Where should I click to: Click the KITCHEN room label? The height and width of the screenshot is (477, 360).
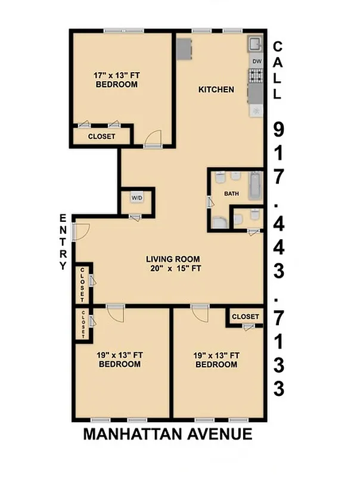(216, 90)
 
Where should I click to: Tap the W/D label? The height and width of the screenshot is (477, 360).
(137, 197)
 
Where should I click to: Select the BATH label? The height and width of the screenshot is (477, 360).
(231, 194)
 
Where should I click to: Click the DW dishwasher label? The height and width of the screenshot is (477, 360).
(257, 61)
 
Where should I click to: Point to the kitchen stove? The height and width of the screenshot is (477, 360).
(256, 76)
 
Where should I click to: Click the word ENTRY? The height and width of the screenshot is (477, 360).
(63, 242)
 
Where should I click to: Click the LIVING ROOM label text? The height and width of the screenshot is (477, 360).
(173, 259)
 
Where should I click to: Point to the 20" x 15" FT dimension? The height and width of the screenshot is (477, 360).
(173, 268)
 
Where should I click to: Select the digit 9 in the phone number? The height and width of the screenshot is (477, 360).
(278, 128)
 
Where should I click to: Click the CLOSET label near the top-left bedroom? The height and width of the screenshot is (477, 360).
(101, 137)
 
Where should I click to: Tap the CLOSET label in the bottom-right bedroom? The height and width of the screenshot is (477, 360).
(245, 316)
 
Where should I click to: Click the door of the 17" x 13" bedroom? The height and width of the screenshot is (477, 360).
(153, 138)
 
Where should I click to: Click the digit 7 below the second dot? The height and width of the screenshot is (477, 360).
(278, 317)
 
